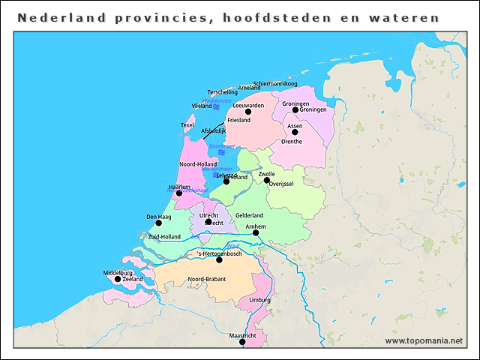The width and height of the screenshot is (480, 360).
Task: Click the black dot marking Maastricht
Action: coord(242,342)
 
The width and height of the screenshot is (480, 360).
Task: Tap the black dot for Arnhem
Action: coord(256,232)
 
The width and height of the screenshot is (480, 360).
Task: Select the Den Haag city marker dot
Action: coord(158,223)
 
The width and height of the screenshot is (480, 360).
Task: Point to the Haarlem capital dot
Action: coord(179,193)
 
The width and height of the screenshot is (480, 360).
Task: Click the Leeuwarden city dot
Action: coord(248,112)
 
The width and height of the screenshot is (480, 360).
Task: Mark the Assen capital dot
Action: coord(295,133)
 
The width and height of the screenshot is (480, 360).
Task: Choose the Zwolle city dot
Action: coord(267,180)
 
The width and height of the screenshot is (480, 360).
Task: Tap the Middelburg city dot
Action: coord(117,279)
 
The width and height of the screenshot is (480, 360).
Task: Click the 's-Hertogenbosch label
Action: coord(220,254)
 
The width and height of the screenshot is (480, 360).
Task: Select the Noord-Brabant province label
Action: coord(207,279)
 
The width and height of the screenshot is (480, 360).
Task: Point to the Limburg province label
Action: coord(259,300)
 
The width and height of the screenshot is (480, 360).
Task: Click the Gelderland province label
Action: coord(250,215)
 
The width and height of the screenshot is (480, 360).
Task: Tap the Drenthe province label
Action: coord(292,142)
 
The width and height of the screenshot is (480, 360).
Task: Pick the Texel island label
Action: coord(187,125)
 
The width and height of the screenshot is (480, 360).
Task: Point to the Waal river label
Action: coord(232,245)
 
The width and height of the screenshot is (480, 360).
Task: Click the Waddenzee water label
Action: coord(216,100)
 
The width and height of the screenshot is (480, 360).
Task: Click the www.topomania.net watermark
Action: coord(424,340)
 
